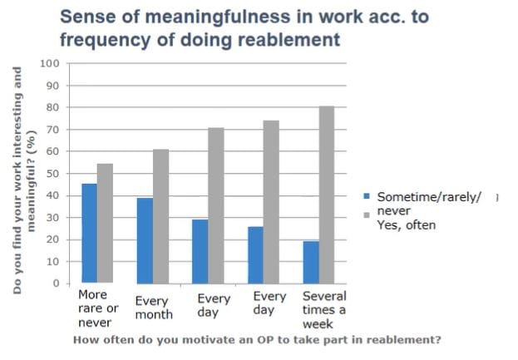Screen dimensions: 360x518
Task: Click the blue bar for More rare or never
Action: point(88,234)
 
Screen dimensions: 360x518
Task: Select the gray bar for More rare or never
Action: point(105,224)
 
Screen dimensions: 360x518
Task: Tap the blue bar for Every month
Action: point(145,240)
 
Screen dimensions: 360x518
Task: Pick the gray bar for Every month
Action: point(160,216)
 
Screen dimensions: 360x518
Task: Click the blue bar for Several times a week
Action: point(310,262)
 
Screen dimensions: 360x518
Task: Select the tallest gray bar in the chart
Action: point(327,195)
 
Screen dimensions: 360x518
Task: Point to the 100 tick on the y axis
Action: point(51,64)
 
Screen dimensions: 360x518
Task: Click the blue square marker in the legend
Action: point(366,197)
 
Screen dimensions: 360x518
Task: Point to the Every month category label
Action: point(153,308)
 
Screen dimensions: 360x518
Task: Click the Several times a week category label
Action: point(324,308)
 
